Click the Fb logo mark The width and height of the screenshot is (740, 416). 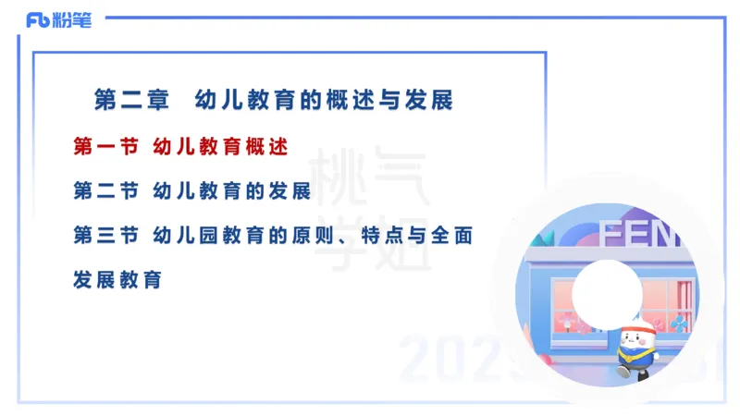(x=38, y=20)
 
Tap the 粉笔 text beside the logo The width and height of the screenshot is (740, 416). (x=72, y=20)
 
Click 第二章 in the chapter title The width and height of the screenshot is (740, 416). (x=132, y=100)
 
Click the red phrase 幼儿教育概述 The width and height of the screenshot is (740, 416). (x=221, y=146)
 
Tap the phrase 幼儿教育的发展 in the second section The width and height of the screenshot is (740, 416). (x=232, y=190)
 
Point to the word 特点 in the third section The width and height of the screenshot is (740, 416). (x=401, y=235)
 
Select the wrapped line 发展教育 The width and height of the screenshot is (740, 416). (x=117, y=278)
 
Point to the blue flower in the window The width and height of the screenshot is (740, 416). (x=679, y=323)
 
